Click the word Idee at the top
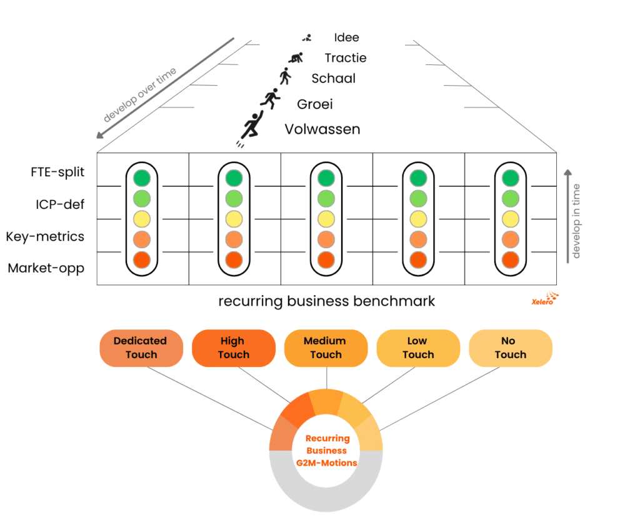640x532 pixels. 346,38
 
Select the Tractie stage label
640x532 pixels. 346,58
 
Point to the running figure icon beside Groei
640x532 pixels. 270,99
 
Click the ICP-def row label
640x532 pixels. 60,204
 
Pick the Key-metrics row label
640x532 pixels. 45,237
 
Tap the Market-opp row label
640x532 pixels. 46,269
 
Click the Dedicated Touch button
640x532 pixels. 141,348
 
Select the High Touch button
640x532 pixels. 233,348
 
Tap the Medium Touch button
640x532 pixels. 326,348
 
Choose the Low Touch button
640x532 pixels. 417,348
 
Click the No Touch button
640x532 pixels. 510,348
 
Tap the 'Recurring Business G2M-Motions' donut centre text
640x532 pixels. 326,451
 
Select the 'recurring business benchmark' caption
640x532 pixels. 326,301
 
